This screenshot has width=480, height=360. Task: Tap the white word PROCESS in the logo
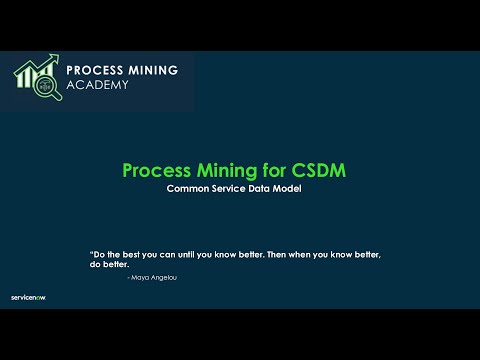tap(96, 70)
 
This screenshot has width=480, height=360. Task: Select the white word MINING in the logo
tap(153, 70)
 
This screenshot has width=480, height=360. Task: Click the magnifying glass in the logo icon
tap(44, 87)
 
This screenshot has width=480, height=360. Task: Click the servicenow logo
tap(28, 297)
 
